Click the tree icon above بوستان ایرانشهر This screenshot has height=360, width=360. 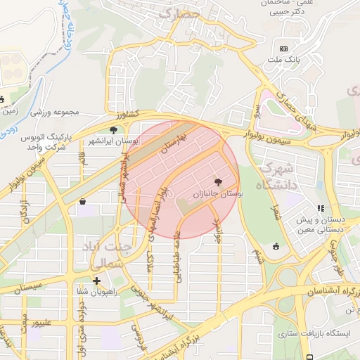tap(114, 130)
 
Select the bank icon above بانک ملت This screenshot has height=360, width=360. tap(283, 49)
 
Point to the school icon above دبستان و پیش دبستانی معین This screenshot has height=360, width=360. tap(321, 208)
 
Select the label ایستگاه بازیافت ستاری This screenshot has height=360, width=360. tap(314, 332)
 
